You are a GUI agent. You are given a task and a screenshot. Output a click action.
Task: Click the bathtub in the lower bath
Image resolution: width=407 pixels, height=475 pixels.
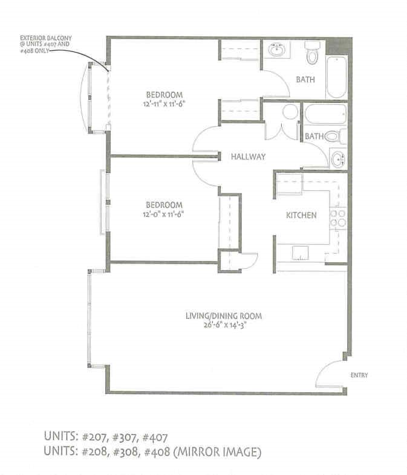325,114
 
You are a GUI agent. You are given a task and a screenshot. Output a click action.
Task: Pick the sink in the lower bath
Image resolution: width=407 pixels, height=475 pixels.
337,160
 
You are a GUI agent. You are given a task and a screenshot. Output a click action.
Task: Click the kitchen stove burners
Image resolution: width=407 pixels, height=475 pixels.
337,219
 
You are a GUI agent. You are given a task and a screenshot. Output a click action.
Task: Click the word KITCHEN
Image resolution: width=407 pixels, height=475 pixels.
301,215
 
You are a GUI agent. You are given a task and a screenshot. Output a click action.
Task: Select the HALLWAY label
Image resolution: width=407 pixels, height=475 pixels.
248,157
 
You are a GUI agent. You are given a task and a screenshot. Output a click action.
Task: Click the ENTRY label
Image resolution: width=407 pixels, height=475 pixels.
359,375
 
